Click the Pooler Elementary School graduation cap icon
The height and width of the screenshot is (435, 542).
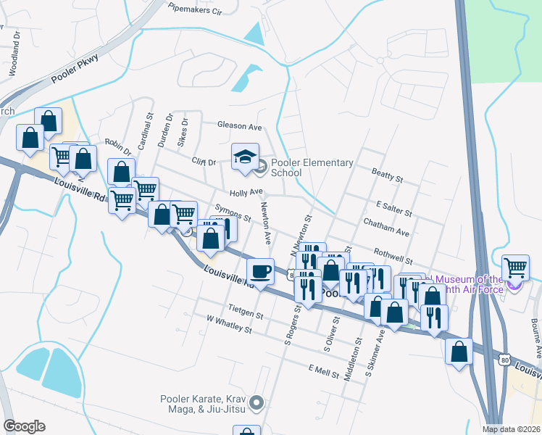[245, 156]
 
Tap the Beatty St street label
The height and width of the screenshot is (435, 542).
[387, 175]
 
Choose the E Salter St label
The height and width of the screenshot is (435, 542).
[393, 210]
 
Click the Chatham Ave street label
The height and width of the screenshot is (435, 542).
[387, 230]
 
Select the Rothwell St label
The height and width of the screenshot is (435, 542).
[393, 256]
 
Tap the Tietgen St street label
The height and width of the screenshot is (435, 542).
[244, 312]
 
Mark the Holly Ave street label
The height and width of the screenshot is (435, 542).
[246, 193]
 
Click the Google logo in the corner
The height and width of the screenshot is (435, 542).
[24, 426]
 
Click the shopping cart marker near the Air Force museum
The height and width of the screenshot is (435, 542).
[515, 267]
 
